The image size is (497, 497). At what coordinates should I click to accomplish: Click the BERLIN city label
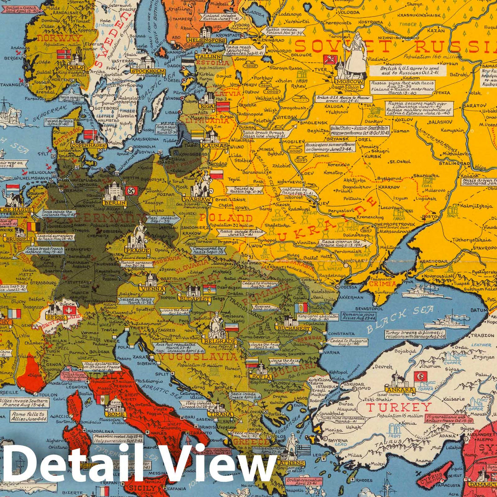click(x=115, y=203)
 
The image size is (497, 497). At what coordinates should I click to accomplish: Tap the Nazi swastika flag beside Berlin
click(x=132, y=191)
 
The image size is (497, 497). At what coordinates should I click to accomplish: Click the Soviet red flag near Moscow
click(x=330, y=59)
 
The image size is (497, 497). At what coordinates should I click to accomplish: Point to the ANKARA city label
click(x=400, y=390)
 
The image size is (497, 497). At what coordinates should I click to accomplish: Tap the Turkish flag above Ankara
click(x=420, y=376)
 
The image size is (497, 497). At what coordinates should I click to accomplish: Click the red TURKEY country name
click(x=399, y=407)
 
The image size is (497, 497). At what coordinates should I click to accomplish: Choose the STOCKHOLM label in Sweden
click(x=148, y=71)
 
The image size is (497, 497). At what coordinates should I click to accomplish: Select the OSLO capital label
click(x=76, y=67)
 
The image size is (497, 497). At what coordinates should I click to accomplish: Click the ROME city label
click(x=115, y=413)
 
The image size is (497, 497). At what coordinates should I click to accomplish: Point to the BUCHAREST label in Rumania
click(x=293, y=328)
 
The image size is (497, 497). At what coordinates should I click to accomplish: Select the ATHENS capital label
click(x=291, y=463)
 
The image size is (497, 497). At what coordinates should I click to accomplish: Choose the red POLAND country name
click(x=225, y=218)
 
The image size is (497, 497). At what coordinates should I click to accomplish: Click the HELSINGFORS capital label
click(x=206, y=40)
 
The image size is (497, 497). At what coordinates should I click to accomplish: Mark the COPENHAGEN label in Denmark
click(x=89, y=145)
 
